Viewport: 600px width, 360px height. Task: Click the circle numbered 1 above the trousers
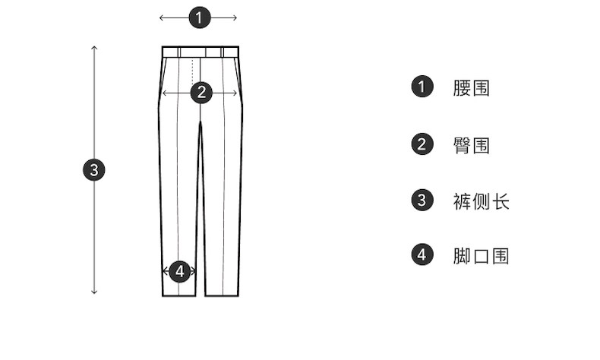[199, 17]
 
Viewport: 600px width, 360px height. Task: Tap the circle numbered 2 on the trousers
[201, 93]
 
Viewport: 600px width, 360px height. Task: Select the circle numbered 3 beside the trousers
[94, 170]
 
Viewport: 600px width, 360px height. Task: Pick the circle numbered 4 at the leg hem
[179, 270]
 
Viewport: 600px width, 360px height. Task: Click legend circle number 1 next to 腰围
[422, 87]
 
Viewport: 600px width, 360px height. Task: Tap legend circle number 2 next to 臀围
[422, 144]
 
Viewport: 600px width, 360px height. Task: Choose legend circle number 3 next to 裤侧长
[422, 201]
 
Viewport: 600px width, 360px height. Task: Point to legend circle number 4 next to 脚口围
[422, 255]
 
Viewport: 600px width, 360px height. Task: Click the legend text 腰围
[471, 88]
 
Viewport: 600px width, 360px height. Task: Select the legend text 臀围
[471, 145]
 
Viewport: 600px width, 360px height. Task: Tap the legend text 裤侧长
[481, 201]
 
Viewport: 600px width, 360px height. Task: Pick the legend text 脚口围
[481, 256]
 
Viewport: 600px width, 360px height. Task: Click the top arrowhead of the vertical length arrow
[94, 48]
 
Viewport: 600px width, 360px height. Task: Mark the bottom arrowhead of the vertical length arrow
[94, 292]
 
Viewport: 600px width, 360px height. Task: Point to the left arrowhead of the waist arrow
[161, 17]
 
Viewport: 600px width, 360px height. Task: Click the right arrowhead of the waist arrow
[235, 17]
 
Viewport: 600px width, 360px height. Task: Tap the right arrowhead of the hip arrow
[236, 93]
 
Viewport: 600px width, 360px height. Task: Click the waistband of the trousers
[201, 52]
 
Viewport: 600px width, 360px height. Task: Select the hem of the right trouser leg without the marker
[222, 294]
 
